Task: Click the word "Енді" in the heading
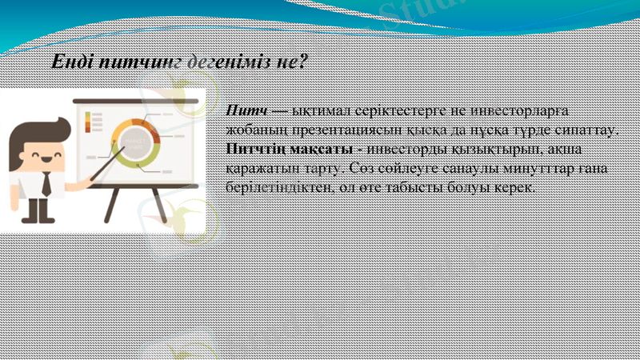[x=70, y=62]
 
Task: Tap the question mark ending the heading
[x=303, y=62]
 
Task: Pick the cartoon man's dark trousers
[x=37, y=210]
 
